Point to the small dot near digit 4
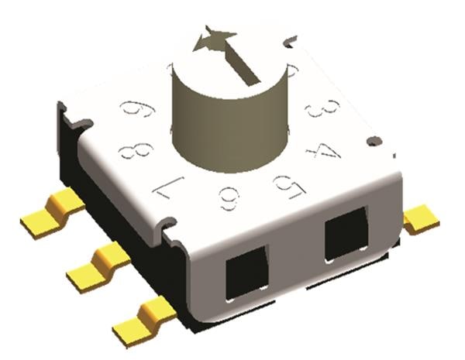click(374, 140)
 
